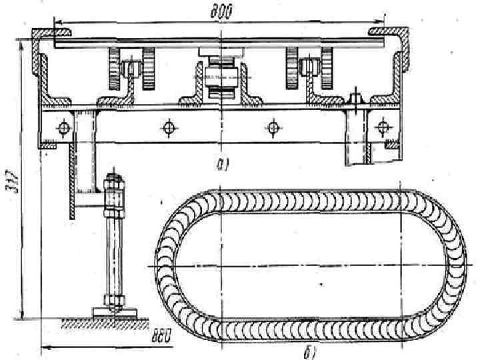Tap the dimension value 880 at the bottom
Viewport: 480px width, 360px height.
(160, 337)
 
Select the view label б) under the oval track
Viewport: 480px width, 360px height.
(309, 351)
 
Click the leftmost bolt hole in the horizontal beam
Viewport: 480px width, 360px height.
(63, 127)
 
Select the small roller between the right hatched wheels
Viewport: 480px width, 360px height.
(308, 67)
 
